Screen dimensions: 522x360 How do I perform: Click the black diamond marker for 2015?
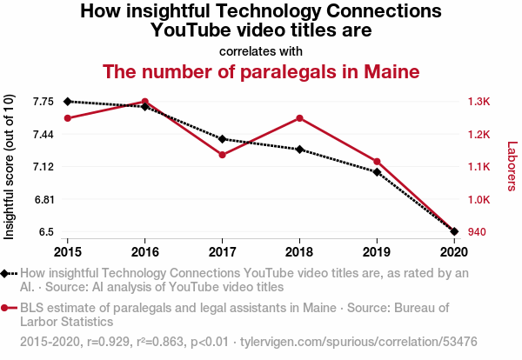(x=68, y=102)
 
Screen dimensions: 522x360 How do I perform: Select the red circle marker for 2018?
(x=299, y=118)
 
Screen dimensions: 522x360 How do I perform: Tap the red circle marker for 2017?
(x=223, y=155)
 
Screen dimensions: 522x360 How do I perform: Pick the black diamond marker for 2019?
(x=377, y=172)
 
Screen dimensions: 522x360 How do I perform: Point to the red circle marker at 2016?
(x=144, y=102)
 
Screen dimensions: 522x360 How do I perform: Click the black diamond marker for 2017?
(x=223, y=139)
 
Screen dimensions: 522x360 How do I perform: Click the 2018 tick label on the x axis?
(x=299, y=252)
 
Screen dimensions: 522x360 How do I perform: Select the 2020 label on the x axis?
(x=454, y=252)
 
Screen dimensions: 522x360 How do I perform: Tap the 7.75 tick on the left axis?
(x=43, y=102)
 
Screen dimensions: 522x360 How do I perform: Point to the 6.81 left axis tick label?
(x=44, y=200)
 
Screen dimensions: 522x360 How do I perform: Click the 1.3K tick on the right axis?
(x=478, y=102)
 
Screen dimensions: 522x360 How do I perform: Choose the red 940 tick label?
(x=477, y=231)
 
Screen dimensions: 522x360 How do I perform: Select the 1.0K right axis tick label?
(x=478, y=200)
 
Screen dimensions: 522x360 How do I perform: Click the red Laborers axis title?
(x=512, y=166)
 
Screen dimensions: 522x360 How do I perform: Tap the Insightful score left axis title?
(x=9, y=167)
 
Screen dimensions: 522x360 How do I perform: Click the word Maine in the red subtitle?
(x=391, y=71)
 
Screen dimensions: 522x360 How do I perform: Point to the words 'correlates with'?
(x=261, y=51)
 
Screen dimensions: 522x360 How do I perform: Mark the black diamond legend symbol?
(x=4, y=274)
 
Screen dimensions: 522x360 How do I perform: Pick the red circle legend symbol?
(x=4, y=308)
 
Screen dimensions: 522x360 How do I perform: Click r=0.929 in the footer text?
(x=109, y=342)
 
